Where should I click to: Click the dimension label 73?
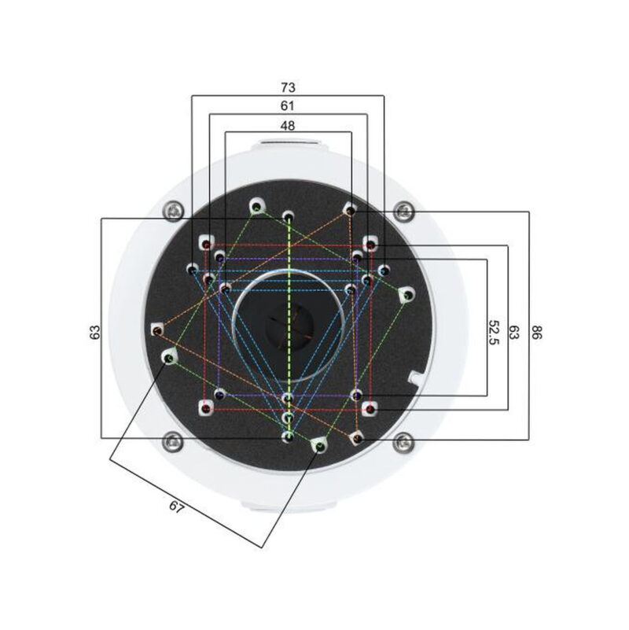(x=288, y=85)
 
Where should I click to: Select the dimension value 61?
(x=288, y=105)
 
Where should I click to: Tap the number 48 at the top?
(x=288, y=124)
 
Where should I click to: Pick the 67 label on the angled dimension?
(x=176, y=508)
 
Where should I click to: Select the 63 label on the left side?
(x=94, y=331)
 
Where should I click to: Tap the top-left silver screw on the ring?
(x=175, y=209)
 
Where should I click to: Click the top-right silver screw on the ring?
(x=403, y=209)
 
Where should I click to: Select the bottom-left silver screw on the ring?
(x=174, y=441)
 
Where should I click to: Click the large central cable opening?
(x=289, y=325)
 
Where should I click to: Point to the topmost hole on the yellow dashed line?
(x=288, y=215)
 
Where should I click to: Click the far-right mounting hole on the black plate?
(x=406, y=295)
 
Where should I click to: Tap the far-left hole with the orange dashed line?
(x=157, y=329)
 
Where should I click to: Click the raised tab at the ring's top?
(x=289, y=145)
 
